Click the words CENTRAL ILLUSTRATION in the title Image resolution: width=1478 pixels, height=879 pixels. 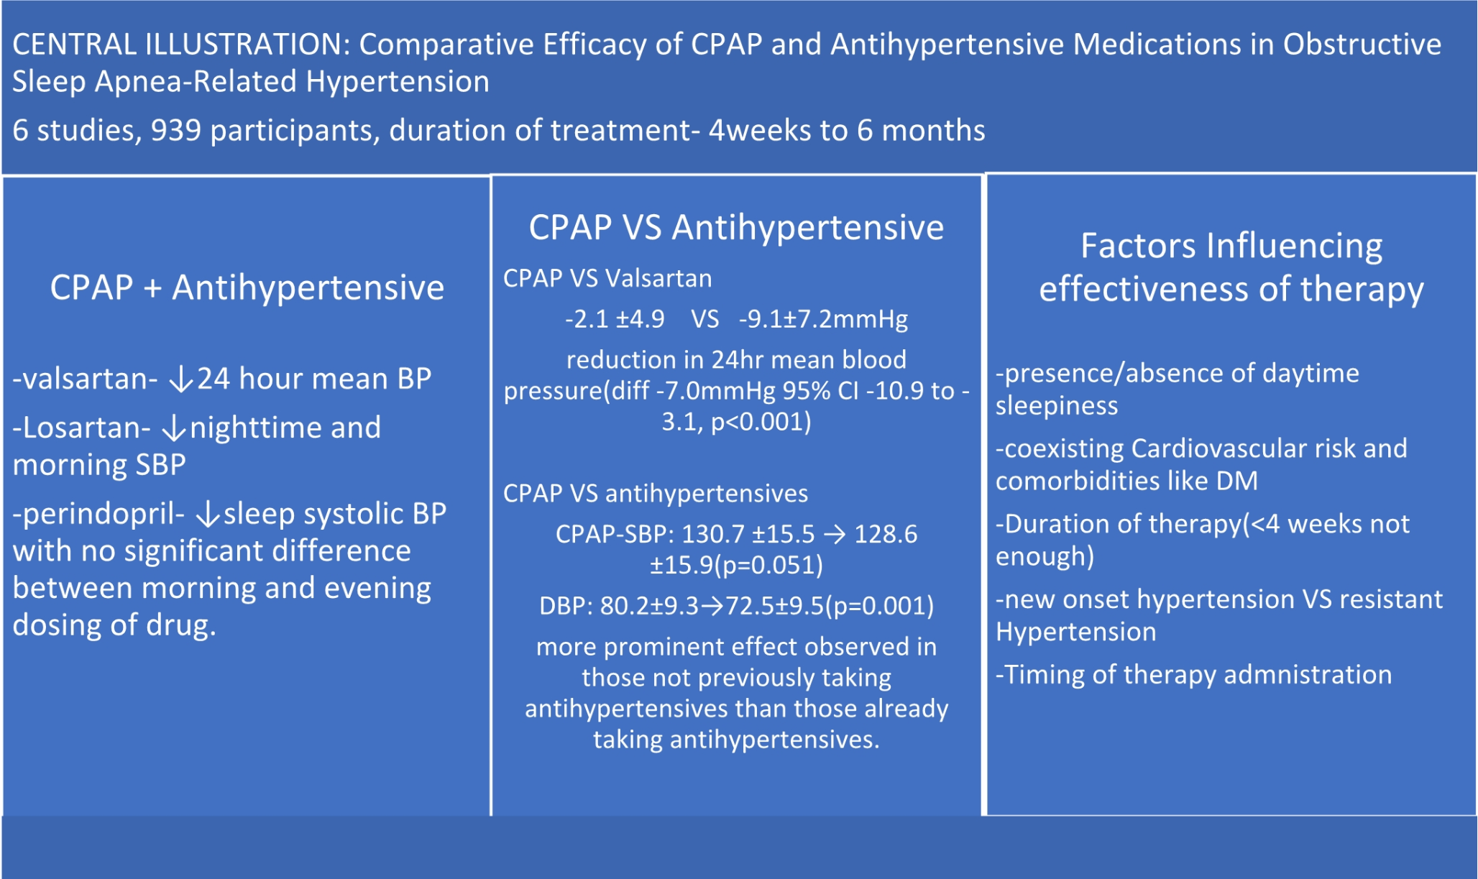180,45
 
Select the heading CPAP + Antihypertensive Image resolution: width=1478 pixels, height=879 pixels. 247,287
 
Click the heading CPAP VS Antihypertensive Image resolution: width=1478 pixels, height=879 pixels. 736,228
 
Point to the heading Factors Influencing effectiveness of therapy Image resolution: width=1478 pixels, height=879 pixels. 1231,267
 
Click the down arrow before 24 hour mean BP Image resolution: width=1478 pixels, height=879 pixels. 181,379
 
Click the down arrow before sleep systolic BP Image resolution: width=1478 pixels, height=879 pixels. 208,515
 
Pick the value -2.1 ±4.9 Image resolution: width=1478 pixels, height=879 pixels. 615,319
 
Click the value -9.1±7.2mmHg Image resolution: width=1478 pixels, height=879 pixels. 823,319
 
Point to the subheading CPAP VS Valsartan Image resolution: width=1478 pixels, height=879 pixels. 607,278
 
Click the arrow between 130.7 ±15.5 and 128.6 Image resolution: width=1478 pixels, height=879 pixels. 835,534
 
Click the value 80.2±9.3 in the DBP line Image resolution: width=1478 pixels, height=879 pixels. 649,606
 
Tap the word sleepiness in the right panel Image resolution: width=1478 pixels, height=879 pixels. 1057,406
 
